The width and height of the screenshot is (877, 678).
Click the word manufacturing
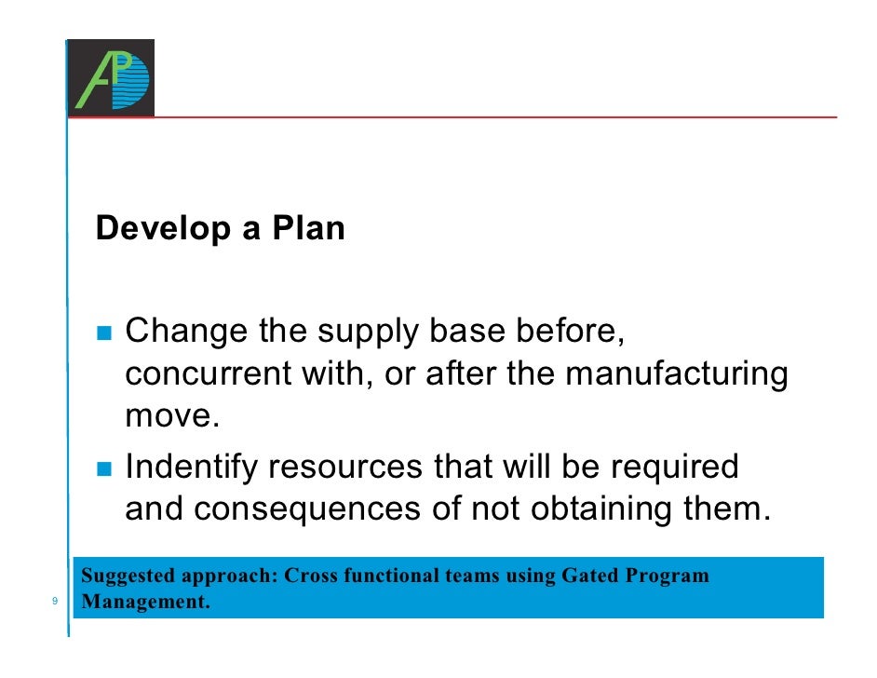click(x=677, y=374)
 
